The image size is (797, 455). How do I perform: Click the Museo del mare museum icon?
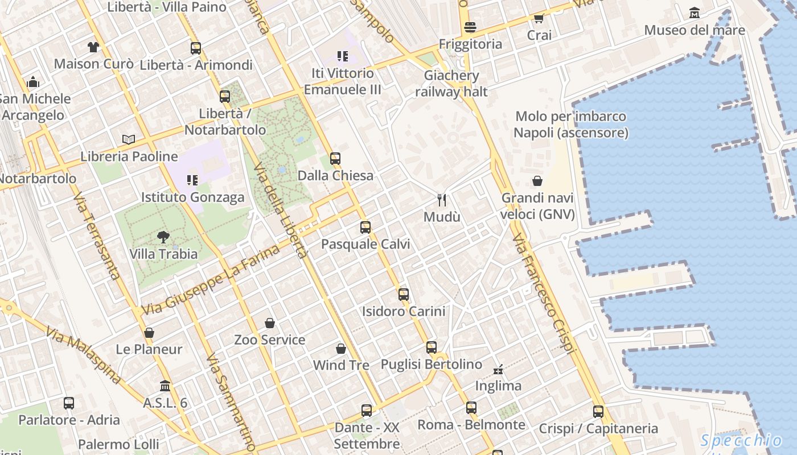(x=695, y=13)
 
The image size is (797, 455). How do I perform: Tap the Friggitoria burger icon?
(x=470, y=27)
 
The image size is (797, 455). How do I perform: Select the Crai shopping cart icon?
(x=539, y=19)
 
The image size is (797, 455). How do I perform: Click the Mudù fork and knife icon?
(x=442, y=200)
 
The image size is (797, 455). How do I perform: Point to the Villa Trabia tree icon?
(x=163, y=237)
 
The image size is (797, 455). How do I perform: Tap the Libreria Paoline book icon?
(x=129, y=139)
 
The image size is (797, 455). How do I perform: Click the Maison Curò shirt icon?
(x=93, y=47)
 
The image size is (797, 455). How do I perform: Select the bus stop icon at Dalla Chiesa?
(x=335, y=159)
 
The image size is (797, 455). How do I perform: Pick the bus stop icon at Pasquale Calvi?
(x=365, y=227)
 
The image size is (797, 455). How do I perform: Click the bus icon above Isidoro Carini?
(x=404, y=295)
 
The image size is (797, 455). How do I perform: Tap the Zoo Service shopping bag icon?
(x=270, y=323)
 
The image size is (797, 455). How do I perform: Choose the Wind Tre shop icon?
(x=341, y=348)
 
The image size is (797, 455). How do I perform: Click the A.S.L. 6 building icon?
(x=165, y=386)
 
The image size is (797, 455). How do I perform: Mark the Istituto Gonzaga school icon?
(x=192, y=180)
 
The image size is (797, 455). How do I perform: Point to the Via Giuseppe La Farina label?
(x=211, y=280)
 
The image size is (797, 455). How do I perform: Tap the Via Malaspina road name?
(x=84, y=355)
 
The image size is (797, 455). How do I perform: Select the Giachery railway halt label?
(x=451, y=83)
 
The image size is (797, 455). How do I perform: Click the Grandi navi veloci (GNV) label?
(x=537, y=206)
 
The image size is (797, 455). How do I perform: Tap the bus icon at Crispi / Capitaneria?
(x=598, y=412)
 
